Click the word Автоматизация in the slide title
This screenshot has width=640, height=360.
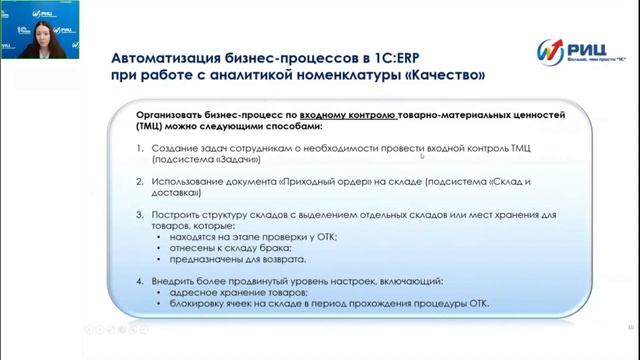pyautogui.click(x=166, y=56)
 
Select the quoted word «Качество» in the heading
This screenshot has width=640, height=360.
pyautogui.click(x=440, y=75)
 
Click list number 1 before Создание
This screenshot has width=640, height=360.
pyautogui.click(x=142, y=149)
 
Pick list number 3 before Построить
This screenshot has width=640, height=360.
pyautogui.click(x=142, y=215)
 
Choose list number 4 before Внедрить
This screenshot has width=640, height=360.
pyautogui.click(x=142, y=281)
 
